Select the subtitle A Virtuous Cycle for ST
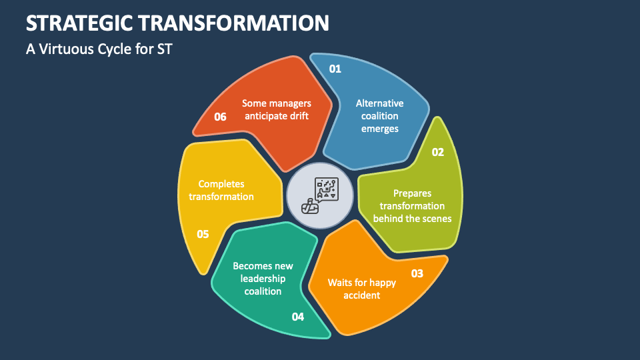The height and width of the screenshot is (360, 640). pos(99,49)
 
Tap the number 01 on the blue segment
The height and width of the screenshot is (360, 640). pos(335,69)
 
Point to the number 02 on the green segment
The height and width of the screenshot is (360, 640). pos(437,152)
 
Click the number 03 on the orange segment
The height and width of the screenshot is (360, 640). pos(417,273)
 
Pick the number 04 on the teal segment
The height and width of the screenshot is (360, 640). pos(298,317)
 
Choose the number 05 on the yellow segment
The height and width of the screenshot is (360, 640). pos(203,234)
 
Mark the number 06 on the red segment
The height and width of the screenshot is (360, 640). pos(220,117)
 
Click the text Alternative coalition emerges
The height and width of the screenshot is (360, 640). pos(379,116)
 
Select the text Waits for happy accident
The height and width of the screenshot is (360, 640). pos(362,288)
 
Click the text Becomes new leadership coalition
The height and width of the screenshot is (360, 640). pos(263,278)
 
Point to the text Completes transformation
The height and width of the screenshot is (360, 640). pos(221,190)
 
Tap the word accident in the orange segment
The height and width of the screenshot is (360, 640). pos(362,295)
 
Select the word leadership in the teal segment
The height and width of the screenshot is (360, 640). pos(263,278)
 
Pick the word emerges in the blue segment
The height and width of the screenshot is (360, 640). pos(379,129)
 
